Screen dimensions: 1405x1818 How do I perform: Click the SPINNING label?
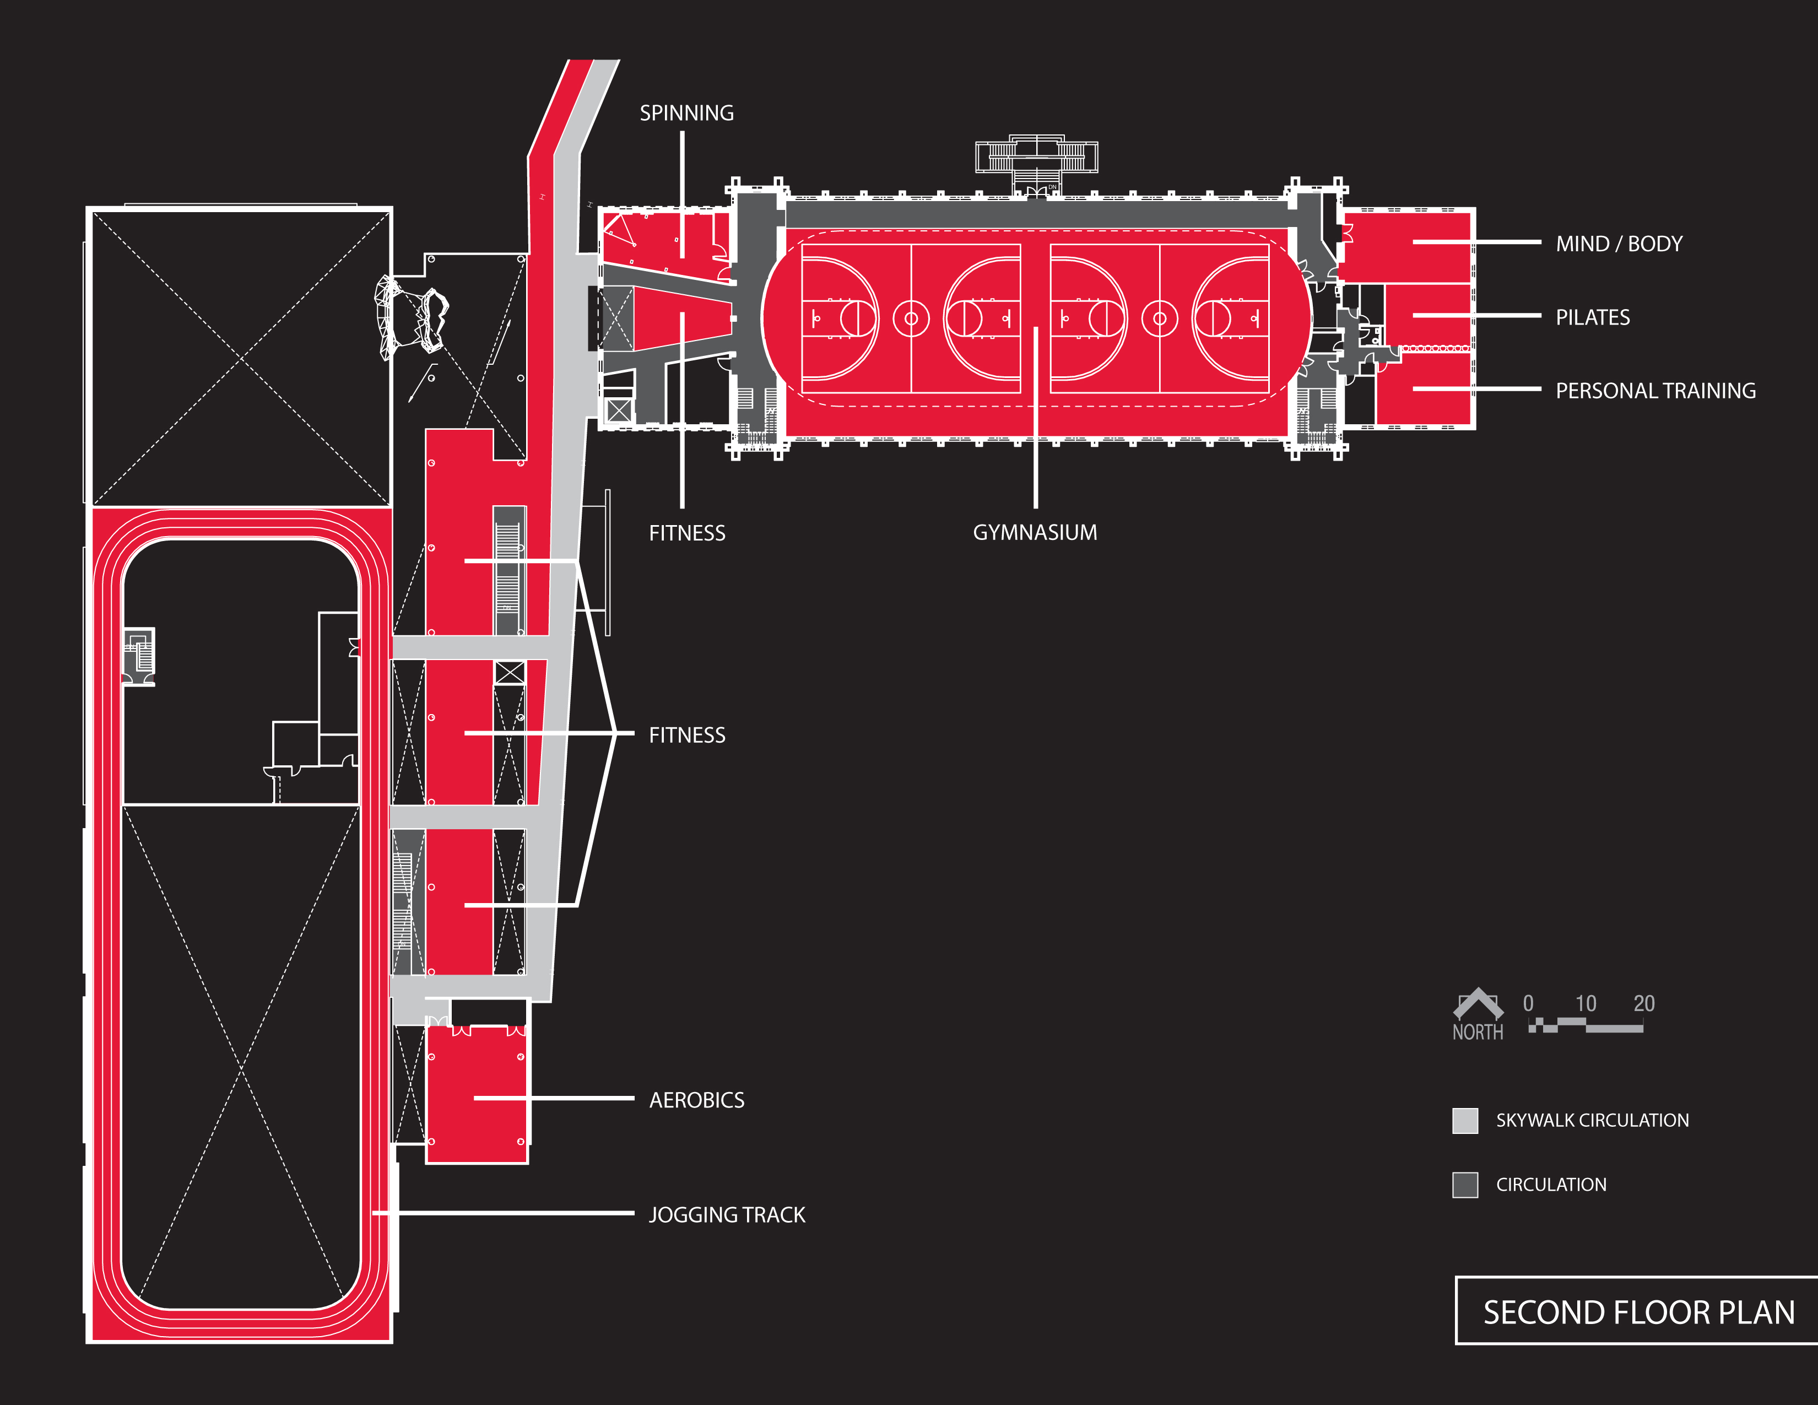tap(687, 113)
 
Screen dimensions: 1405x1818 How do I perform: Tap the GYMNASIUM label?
tap(1035, 533)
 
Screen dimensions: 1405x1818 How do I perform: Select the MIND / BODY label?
tap(1619, 244)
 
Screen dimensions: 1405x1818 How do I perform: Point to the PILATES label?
tap(1593, 317)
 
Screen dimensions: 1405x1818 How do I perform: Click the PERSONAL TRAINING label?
tap(1655, 391)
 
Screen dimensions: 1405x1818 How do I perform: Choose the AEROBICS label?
tap(697, 1100)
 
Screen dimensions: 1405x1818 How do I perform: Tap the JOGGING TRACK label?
tap(727, 1215)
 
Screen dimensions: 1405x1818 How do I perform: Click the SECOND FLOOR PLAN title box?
tap(1637, 1312)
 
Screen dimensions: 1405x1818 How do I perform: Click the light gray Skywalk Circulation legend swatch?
tap(1465, 1120)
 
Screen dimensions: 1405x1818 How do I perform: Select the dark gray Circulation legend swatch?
tap(1465, 1185)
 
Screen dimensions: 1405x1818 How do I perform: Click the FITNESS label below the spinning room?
tap(687, 533)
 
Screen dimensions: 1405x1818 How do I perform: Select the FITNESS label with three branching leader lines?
tap(687, 736)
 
